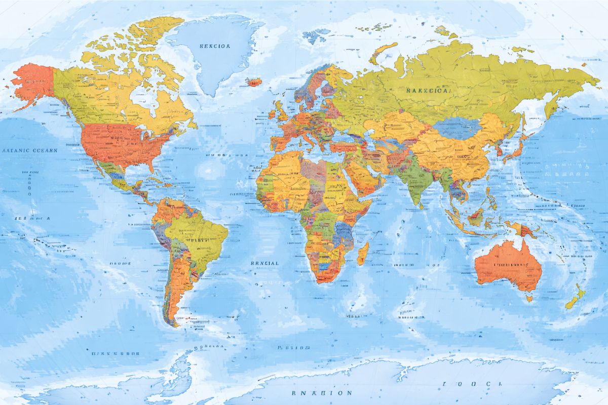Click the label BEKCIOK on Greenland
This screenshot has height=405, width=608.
pyautogui.click(x=215, y=46)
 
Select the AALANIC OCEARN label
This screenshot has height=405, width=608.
pyautogui.click(x=30, y=150)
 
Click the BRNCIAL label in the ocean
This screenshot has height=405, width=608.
pyautogui.click(x=264, y=263)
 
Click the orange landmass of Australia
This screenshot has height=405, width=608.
pyautogui.click(x=507, y=266)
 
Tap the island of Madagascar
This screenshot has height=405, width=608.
pyautogui.click(x=363, y=253)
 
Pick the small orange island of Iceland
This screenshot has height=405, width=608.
pyautogui.click(x=253, y=81)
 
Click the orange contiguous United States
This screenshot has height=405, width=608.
pyautogui.click(x=122, y=144)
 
